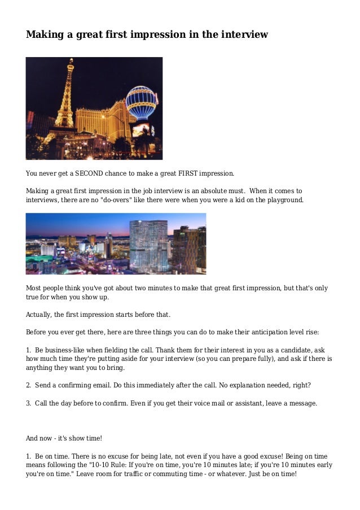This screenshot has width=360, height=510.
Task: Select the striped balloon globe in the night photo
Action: coord(141,102)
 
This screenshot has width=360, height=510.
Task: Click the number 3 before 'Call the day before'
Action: coord(28,403)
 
